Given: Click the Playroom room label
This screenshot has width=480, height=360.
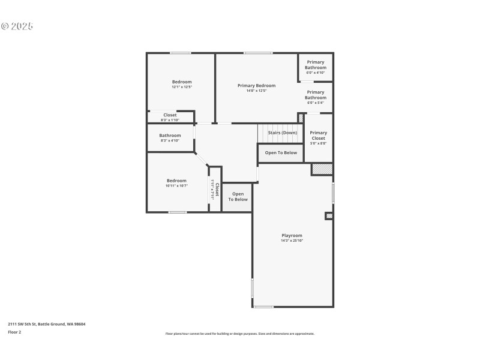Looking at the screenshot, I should (x=292, y=235).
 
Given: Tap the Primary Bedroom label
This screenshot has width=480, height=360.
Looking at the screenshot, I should (x=256, y=86).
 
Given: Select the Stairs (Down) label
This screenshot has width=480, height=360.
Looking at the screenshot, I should (x=283, y=133).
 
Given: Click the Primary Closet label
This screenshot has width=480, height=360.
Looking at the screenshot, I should (x=318, y=136).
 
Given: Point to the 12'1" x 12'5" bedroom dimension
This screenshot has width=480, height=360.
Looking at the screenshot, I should (x=182, y=87).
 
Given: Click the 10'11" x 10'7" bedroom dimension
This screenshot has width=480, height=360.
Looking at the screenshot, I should (x=176, y=186).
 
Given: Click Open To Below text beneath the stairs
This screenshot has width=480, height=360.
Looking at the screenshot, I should (x=281, y=152).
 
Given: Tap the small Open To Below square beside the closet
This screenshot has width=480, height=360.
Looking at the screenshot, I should (x=238, y=197).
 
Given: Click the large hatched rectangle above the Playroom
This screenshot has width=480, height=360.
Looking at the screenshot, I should (x=322, y=169).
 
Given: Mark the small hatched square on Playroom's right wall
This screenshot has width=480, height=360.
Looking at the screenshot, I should (x=329, y=215).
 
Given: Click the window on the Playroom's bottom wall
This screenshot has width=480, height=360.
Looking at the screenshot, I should (x=263, y=307).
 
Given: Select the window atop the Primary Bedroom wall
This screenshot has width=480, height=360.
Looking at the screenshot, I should (x=257, y=53).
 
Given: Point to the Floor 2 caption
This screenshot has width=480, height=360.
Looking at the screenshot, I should (x=14, y=332).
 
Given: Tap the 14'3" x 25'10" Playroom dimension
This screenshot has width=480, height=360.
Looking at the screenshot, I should (x=292, y=241).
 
